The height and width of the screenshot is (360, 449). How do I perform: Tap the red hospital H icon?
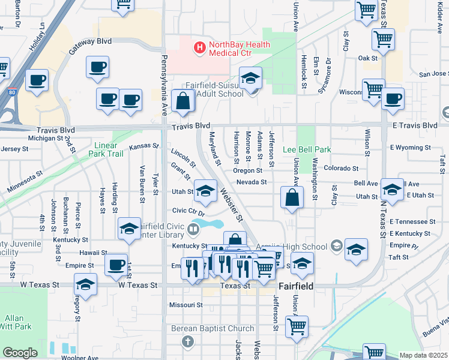199,46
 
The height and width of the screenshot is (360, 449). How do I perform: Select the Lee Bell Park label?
307,149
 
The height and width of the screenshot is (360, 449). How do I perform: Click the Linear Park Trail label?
109,149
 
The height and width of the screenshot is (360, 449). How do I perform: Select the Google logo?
20,353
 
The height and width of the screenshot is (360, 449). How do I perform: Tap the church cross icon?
188,342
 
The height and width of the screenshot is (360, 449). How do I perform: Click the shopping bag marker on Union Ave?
291,199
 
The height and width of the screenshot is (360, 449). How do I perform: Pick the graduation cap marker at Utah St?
206,191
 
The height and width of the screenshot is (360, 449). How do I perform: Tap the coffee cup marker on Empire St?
116,265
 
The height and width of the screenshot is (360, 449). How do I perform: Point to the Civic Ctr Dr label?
188,211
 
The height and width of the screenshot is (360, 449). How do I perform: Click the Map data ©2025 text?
423,355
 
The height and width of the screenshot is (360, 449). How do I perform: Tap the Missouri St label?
185,305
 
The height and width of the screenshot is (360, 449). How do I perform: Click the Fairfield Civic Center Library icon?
194,227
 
